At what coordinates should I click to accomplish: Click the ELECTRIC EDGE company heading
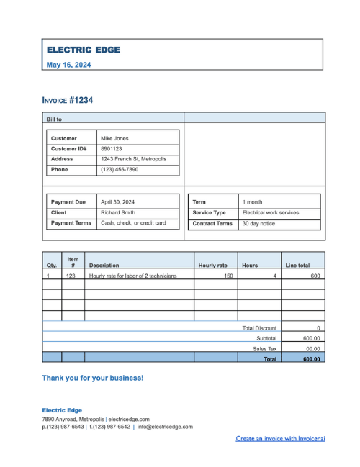[x=83, y=50]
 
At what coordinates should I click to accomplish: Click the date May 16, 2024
[x=68, y=65]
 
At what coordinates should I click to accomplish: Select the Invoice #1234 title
[x=67, y=100]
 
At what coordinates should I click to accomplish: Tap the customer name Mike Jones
[x=114, y=138]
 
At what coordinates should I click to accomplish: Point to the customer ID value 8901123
[x=112, y=148]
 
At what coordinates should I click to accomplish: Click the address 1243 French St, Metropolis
[x=133, y=159]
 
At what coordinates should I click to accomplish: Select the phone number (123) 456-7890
[x=120, y=170]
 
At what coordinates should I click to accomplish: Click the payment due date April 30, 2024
[x=117, y=202]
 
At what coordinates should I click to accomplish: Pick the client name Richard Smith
[x=117, y=213]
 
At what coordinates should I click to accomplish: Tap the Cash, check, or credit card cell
[x=133, y=223]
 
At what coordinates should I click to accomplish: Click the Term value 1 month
[x=253, y=202]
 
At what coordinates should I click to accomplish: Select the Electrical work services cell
[x=271, y=213]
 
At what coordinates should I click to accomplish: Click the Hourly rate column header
[x=212, y=266]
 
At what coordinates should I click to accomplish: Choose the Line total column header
[x=297, y=266]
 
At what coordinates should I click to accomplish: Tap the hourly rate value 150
[x=228, y=276]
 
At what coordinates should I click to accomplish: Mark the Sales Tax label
[x=264, y=348]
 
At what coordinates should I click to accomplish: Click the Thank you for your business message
[x=92, y=378]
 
